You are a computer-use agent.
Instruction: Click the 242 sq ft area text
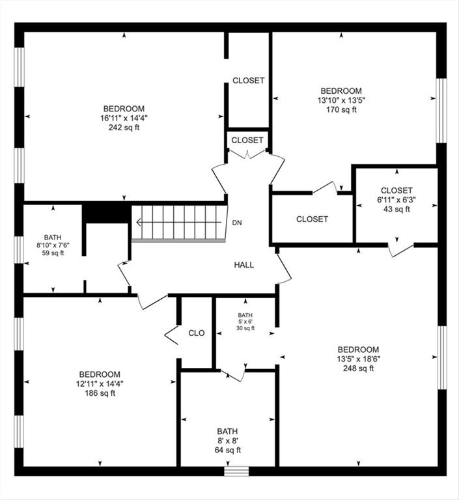tap(124, 128)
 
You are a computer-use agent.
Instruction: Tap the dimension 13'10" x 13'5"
tap(341, 100)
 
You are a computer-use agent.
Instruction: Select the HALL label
tap(244, 265)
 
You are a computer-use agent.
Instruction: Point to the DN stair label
tap(238, 223)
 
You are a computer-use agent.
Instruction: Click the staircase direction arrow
tap(176, 223)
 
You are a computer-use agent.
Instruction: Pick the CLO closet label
tap(197, 333)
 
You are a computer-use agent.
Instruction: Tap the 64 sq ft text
tap(228, 450)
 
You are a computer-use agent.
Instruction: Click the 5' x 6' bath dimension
tap(245, 320)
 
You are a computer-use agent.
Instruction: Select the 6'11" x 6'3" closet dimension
tap(396, 200)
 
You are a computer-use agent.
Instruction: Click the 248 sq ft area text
tap(358, 368)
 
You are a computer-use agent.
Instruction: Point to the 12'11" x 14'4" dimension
tap(100, 383)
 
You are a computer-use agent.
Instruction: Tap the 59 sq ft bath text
tap(53, 253)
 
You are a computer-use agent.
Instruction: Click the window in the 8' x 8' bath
tap(237, 471)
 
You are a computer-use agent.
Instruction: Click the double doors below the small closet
tap(248, 154)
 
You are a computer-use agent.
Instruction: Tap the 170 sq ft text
tap(341, 110)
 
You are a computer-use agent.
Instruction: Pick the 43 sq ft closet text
tap(396, 209)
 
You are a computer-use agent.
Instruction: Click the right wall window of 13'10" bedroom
tap(441, 110)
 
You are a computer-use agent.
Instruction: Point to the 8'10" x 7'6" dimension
tap(53, 245)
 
